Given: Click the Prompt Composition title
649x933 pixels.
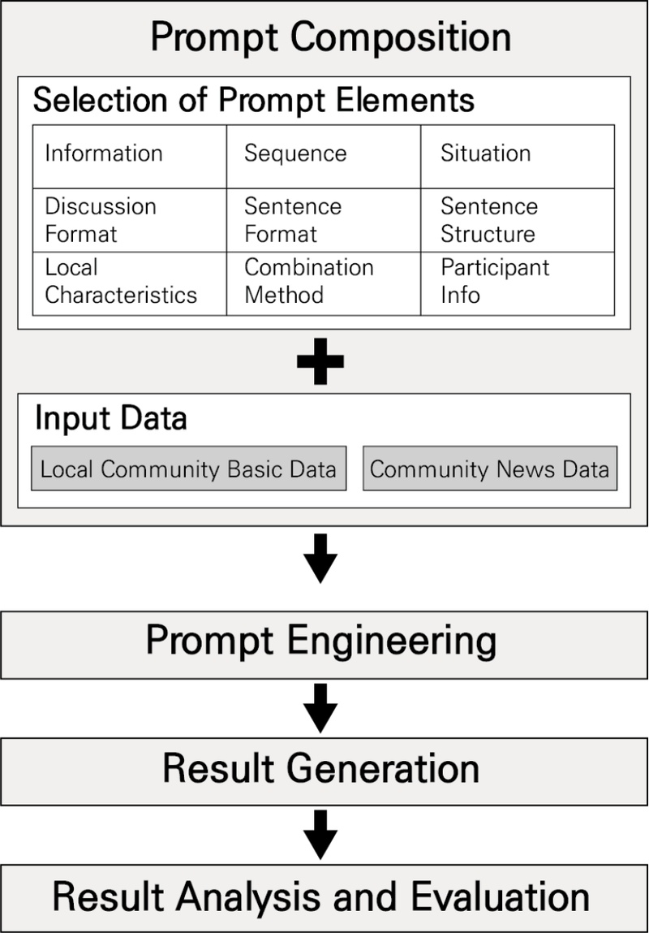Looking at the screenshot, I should (x=331, y=37).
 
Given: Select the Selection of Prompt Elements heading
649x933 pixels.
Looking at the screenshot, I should (x=254, y=101).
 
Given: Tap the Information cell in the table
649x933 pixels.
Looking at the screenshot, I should (x=104, y=153).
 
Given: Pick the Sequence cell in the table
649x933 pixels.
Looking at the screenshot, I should (x=295, y=153).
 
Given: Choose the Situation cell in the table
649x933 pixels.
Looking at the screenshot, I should (x=485, y=153).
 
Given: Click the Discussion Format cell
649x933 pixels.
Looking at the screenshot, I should (x=101, y=220).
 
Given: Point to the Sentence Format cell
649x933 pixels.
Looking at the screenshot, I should (x=292, y=220).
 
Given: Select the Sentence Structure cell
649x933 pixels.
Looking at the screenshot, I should (x=488, y=220).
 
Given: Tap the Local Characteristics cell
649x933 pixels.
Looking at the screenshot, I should (x=121, y=281).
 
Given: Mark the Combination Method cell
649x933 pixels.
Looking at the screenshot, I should (x=309, y=281).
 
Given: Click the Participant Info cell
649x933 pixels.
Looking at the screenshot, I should (x=495, y=281).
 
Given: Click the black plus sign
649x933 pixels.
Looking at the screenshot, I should (x=320, y=362).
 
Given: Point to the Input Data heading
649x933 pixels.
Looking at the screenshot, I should (x=110, y=418).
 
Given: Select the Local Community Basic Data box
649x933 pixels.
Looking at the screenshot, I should (x=188, y=469).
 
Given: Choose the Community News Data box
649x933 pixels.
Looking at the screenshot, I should (x=489, y=469).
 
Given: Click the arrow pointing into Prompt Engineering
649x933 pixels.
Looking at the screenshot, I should (x=320, y=558).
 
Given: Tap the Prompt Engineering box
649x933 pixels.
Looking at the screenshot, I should (x=321, y=641).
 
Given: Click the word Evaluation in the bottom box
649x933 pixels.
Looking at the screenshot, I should (x=500, y=897).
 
